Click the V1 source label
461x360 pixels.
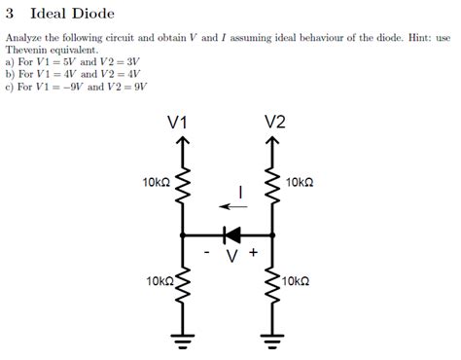pyautogui.click(x=177, y=123)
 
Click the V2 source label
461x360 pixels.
pyautogui.click(x=274, y=123)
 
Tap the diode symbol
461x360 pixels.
pyautogui.click(x=231, y=234)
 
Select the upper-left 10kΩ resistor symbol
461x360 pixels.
pyautogui.click(x=181, y=185)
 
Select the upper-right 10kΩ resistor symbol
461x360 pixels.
pyautogui.click(x=273, y=185)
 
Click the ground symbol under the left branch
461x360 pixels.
pyautogui.click(x=181, y=341)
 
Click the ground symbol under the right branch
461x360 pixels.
pyautogui.click(x=273, y=341)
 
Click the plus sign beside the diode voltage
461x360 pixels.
pyautogui.click(x=253, y=251)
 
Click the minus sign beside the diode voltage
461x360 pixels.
pyautogui.click(x=207, y=252)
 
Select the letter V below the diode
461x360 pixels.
pyautogui.click(x=231, y=256)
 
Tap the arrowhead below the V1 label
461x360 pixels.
pyautogui.click(x=181, y=142)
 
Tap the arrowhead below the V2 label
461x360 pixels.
pyautogui.click(x=273, y=142)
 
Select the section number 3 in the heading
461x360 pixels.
pyautogui.click(x=10, y=14)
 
